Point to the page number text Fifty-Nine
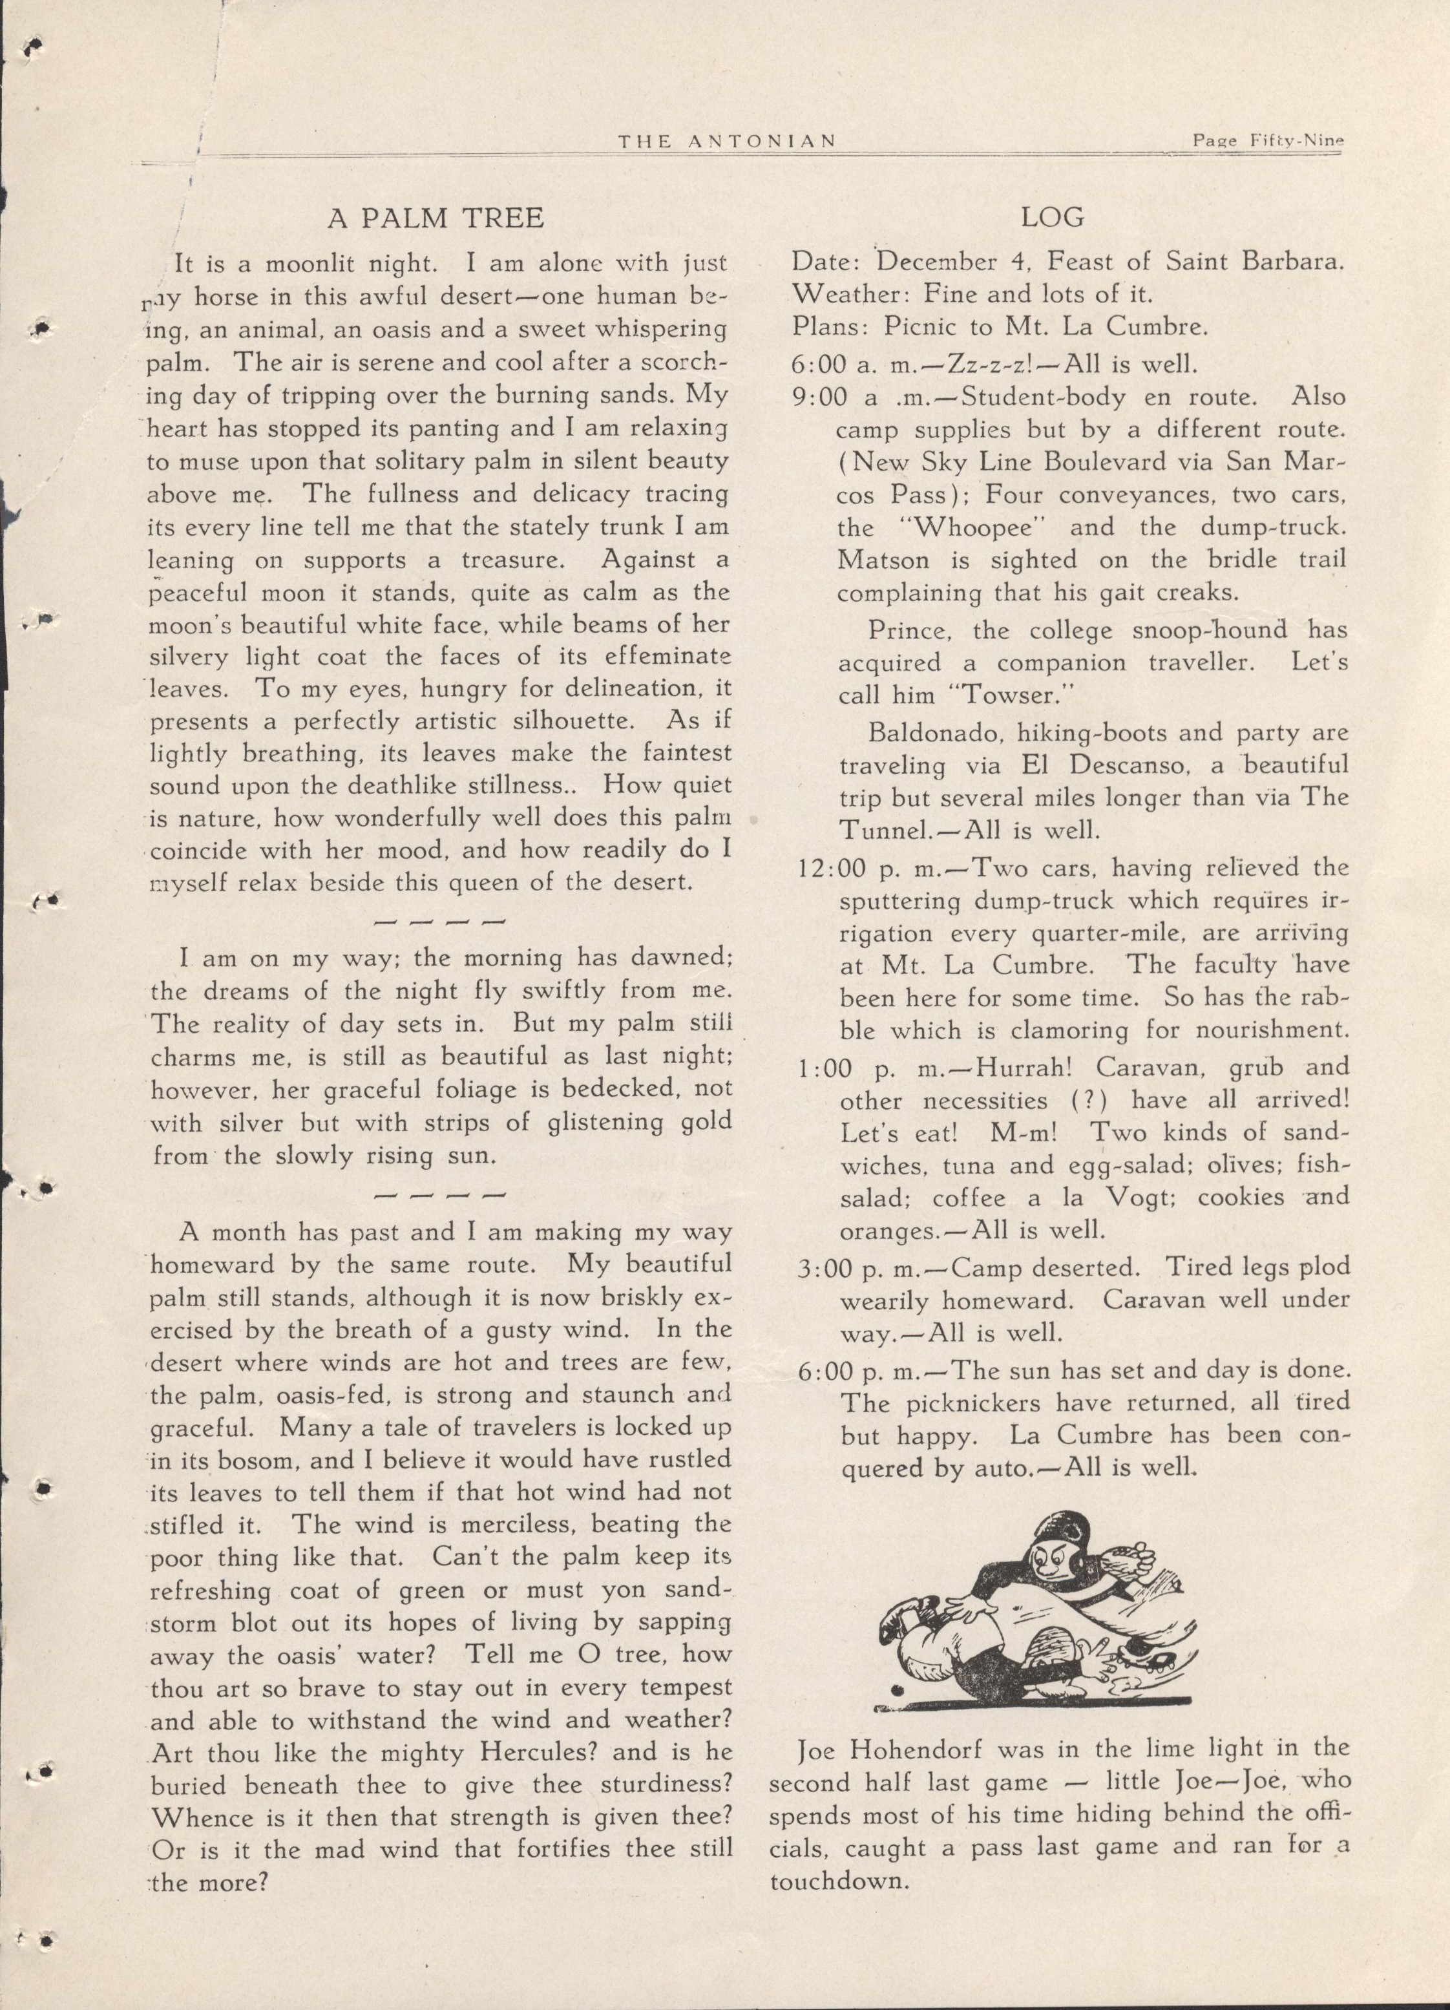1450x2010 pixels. [1297, 140]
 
